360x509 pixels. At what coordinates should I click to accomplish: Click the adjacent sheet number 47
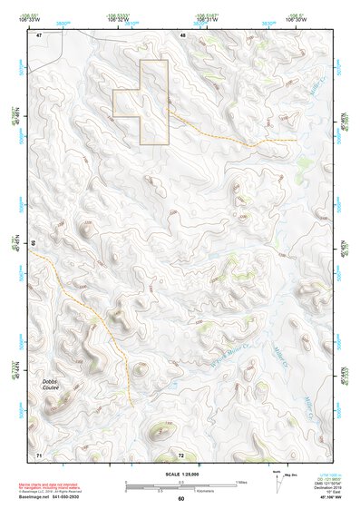[39, 34]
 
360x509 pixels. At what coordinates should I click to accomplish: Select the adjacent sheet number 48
[182, 34]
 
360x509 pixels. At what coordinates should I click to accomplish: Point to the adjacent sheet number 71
[39, 453]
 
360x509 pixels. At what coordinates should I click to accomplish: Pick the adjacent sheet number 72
[181, 453]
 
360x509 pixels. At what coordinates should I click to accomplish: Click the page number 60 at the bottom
[180, 499]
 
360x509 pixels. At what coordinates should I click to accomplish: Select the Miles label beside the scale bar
[242, 481]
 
